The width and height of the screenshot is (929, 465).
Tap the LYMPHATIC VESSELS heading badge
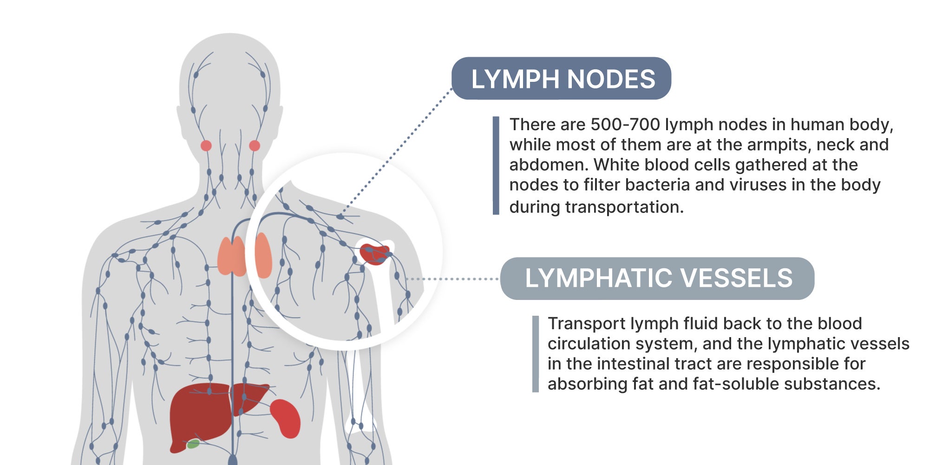coord(657,279)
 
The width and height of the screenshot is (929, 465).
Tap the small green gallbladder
coord(193,444)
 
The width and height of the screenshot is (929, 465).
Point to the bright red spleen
coord(286,418)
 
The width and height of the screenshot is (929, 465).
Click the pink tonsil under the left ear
coord(206,146)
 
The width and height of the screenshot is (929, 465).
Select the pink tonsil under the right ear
coord(255,146)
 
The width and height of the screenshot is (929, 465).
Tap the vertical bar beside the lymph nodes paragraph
coord(496,165)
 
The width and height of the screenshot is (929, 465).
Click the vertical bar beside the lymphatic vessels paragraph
coord(535,354)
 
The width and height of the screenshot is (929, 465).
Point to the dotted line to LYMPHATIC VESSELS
coord(453,279)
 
